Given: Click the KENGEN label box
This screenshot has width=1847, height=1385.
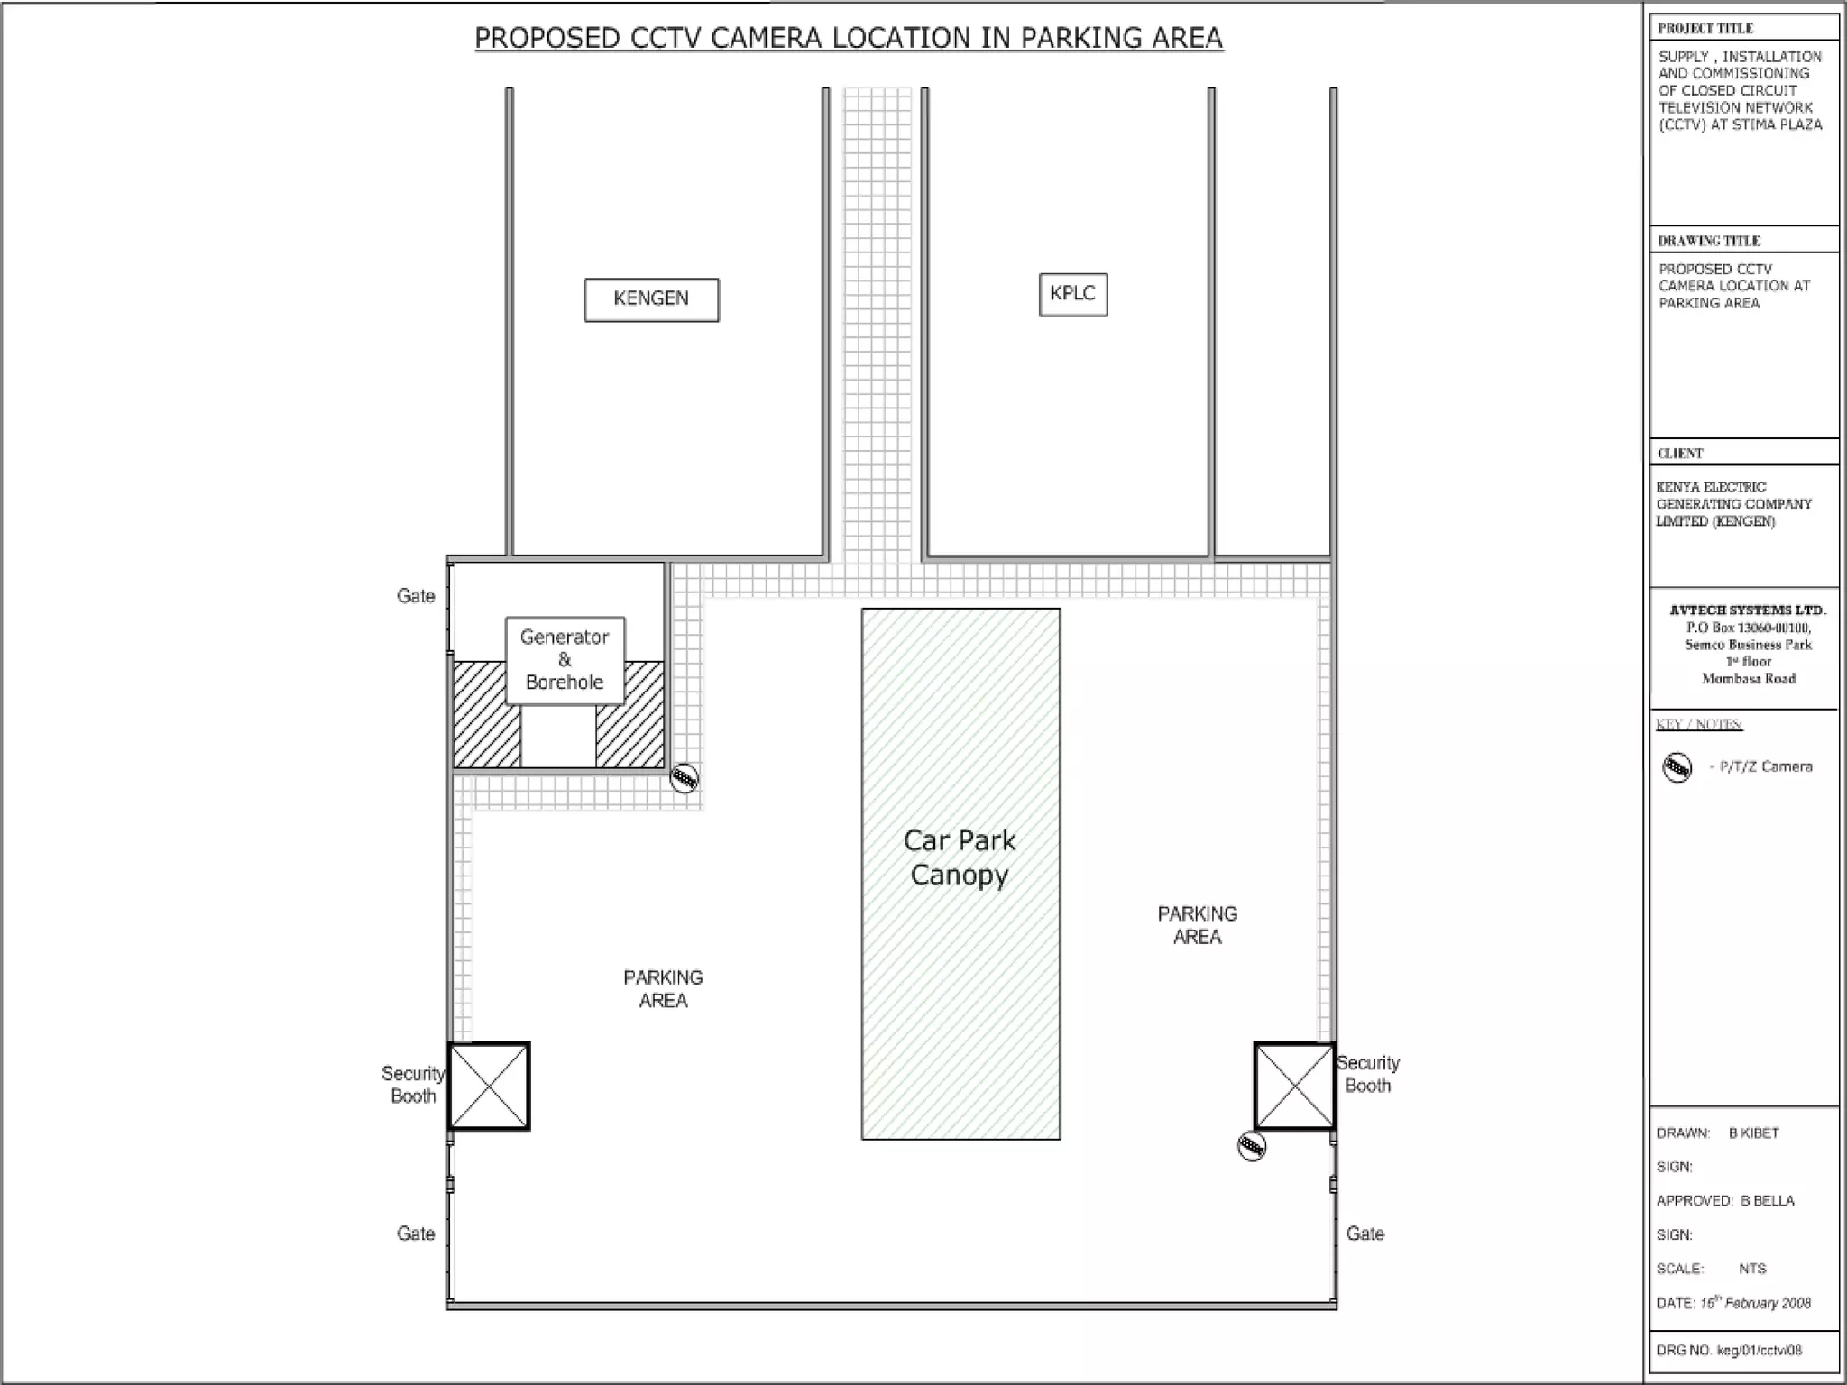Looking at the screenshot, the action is click(x=651, y=299).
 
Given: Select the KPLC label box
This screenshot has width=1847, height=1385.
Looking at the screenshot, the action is click(x=1073, y=295).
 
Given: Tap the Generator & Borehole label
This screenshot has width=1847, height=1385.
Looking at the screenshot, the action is click(x=565, y=660).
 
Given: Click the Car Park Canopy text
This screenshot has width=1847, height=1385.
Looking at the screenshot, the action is click(x=960, y=858).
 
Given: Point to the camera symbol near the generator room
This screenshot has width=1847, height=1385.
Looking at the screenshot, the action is click(x=685, y=778).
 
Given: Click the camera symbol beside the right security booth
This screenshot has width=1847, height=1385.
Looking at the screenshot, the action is click(x=1252, y=1146).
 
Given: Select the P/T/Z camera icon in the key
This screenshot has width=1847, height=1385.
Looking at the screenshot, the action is click(x=1677, y=767).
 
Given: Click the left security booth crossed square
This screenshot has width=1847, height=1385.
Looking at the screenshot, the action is click(x=489, y=1086).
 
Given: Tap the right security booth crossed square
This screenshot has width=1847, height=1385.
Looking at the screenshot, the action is click(x=1294, y=1086).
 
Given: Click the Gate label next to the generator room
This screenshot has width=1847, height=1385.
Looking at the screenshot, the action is click(x=416, y=596).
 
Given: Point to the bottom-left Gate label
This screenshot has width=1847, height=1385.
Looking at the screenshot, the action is click(x=416, y=1234).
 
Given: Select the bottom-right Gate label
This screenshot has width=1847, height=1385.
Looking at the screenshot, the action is click(x=1365, y=1234).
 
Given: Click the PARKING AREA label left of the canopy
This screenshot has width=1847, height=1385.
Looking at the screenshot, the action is click(x=663, y=989).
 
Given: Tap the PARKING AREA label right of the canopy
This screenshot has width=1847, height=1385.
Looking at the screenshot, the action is click(x=1198, y=925).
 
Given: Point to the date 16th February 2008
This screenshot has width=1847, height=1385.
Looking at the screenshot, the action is click(x=1755, y=1302).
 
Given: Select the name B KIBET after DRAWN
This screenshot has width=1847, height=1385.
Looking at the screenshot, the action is click(x=1754, y=1133).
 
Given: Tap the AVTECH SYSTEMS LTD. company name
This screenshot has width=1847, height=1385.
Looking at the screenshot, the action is click(x=1748, y=610).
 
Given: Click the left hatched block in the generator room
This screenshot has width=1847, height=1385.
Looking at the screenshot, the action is click(x=486, y=714).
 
